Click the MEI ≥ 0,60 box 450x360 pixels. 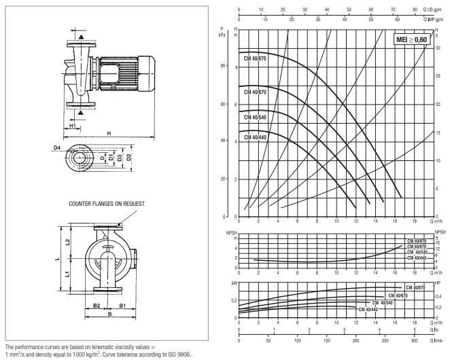pos(413,40)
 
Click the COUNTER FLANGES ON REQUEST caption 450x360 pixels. pos(107,203)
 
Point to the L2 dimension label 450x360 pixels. pos(67,242)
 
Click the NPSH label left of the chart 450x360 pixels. pos(231,234)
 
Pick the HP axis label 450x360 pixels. pos(438,283)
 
